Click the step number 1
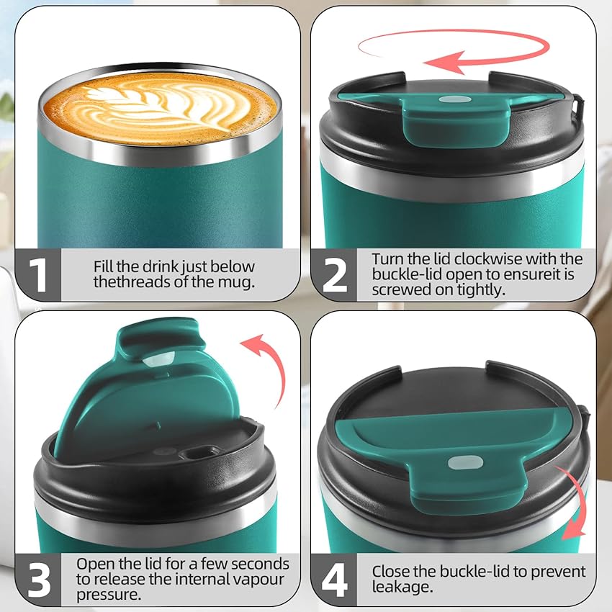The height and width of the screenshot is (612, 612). pyautogui.click(x=37, y=274)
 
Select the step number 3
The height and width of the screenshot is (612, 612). pyautogui.click(x=37, y=579)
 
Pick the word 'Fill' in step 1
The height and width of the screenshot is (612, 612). pyautogui.click(x=106, y=266)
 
